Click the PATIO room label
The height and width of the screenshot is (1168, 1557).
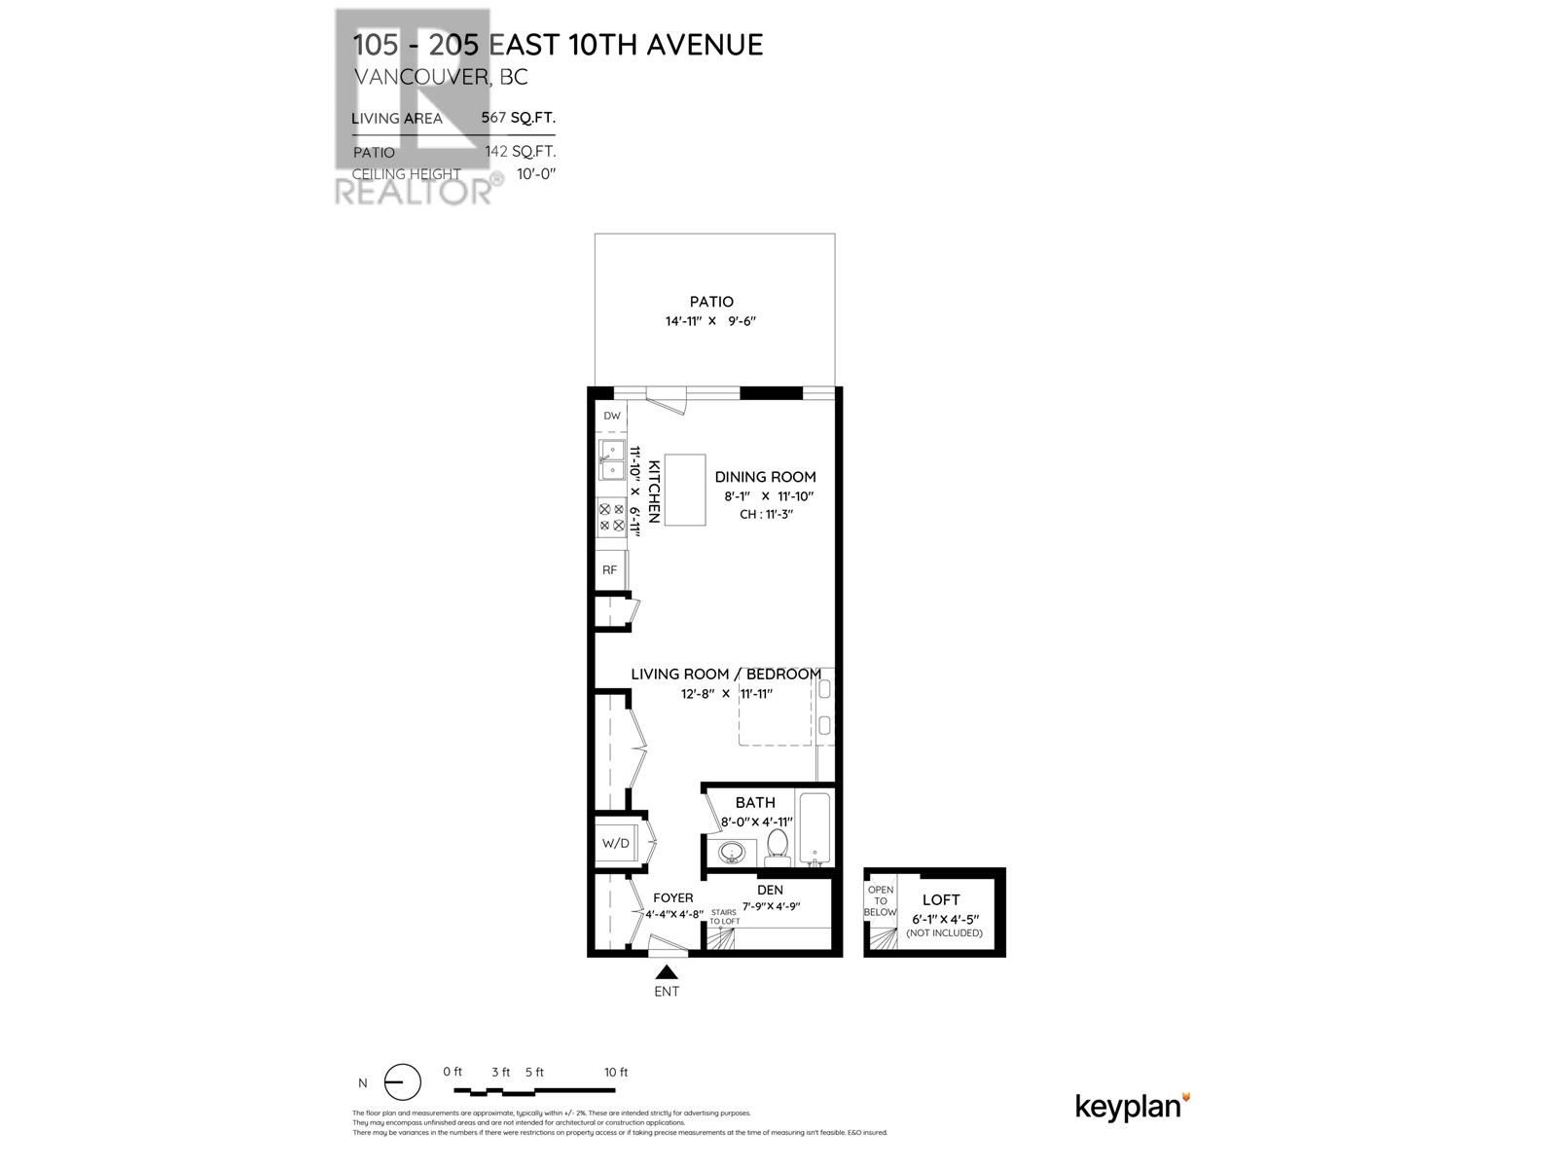711,302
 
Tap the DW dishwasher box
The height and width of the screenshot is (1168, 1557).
611,416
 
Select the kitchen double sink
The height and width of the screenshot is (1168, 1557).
611,460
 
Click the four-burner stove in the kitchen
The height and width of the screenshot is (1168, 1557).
611,517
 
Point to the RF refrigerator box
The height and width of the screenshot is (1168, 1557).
610,569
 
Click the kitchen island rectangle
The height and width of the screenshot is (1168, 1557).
684,490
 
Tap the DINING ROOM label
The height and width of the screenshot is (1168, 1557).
765,477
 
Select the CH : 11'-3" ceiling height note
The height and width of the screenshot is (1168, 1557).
766,514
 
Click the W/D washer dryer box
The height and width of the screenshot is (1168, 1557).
615,843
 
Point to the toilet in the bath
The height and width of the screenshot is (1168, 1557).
778,847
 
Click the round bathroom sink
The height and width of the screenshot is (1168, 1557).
732,854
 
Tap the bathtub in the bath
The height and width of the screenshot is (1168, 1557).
815,828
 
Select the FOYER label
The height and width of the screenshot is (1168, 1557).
672,897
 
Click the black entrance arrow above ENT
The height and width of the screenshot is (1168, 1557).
667,971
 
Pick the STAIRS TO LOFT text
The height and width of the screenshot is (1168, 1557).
724,916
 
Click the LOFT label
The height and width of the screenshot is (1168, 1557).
941,900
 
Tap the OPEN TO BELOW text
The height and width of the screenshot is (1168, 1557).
881,901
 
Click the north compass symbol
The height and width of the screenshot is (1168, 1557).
402,1082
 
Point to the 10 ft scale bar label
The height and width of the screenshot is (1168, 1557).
616,1072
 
